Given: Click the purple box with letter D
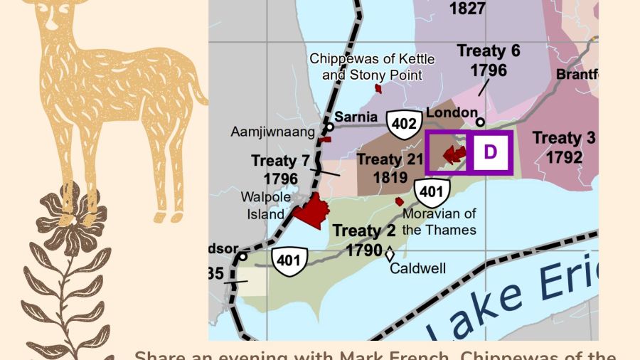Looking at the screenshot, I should click(x=491, y=152).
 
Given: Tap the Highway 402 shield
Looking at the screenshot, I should click(x=403, y=125).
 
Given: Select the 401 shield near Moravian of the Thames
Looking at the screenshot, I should click(x=432, y=191).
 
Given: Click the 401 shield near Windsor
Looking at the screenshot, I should click(x=288, y=260).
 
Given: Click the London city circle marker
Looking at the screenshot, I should click(x=480, y=122).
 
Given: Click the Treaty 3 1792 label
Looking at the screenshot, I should click(x=564, y=147).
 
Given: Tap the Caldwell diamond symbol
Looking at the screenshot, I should click(x=389, y=253).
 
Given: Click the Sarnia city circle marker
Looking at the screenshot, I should click(x=330, y=127).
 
